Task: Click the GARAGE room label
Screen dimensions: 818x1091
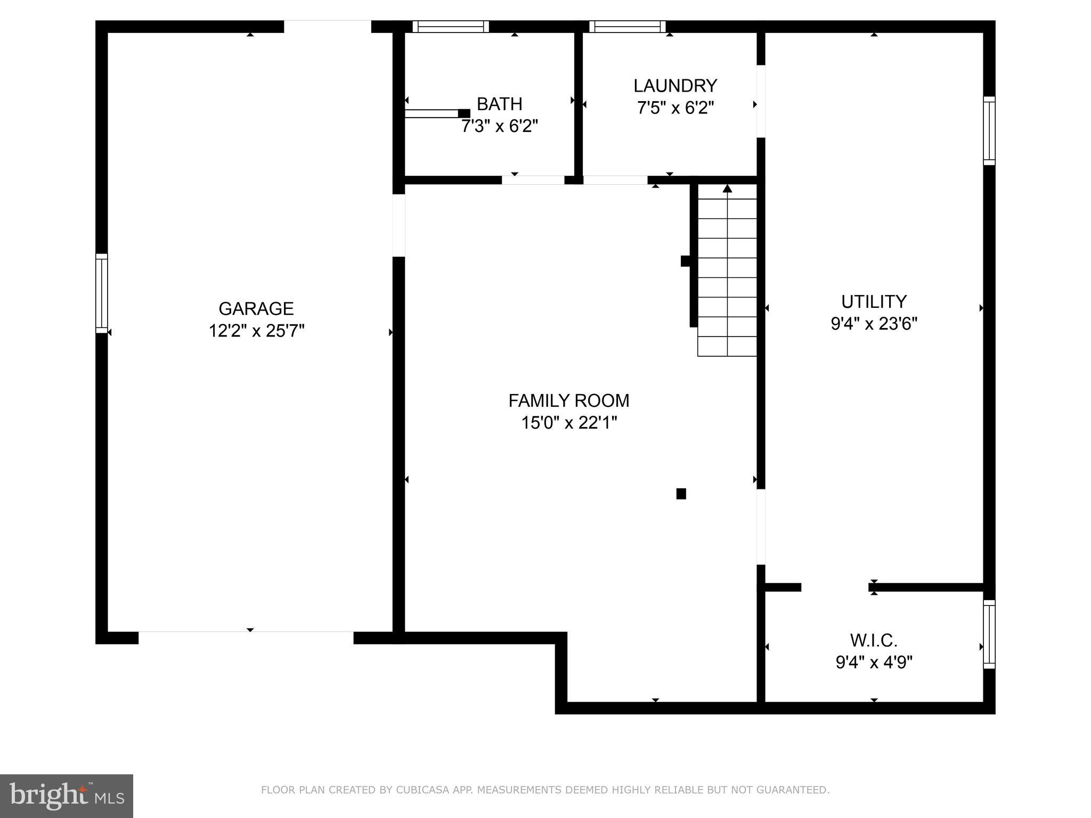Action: point(256,309)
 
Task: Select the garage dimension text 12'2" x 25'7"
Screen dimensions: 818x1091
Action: point(256,331)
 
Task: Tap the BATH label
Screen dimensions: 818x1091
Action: point(499,104)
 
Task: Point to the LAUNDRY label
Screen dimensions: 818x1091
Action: point(675,86)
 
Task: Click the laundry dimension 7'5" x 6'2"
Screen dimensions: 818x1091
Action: point(675,108)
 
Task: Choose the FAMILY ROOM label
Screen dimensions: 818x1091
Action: point(568,400)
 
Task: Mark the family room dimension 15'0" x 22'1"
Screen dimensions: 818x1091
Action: point(568,423)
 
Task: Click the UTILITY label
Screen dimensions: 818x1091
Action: point(874,302)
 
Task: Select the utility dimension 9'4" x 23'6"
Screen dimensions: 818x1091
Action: point(874,324)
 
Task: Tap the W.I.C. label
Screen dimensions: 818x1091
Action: point(874,640)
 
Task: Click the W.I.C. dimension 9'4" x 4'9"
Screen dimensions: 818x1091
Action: point(874,662)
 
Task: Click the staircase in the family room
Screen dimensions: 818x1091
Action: point(727,277)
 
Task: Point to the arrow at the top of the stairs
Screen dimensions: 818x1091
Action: point(727,189)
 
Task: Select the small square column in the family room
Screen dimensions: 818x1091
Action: point(681,494)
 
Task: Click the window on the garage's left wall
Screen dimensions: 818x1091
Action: point(101,293)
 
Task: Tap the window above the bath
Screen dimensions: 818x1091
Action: point(450,26)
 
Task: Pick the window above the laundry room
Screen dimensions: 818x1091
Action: point(627,26)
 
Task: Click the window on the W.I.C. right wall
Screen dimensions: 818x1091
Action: point(989,634)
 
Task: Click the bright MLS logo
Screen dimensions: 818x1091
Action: point(66,796)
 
